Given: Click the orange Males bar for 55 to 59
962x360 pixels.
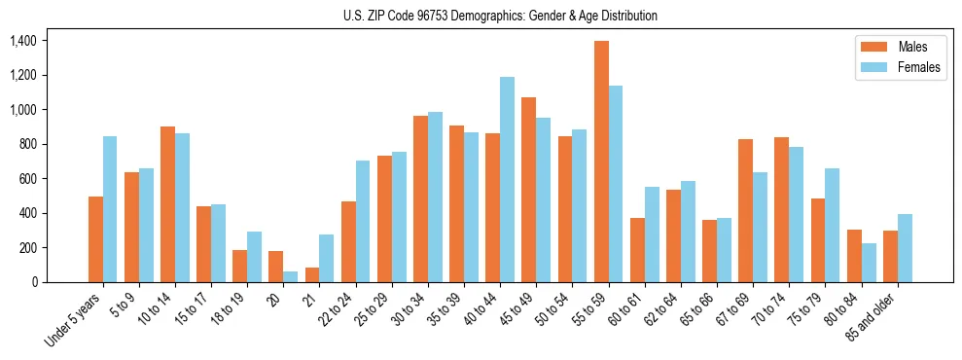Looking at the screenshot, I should point(602,162).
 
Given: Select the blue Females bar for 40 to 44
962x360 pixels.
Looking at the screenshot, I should point(507,180).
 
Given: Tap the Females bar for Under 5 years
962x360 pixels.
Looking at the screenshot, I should point(110,209).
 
